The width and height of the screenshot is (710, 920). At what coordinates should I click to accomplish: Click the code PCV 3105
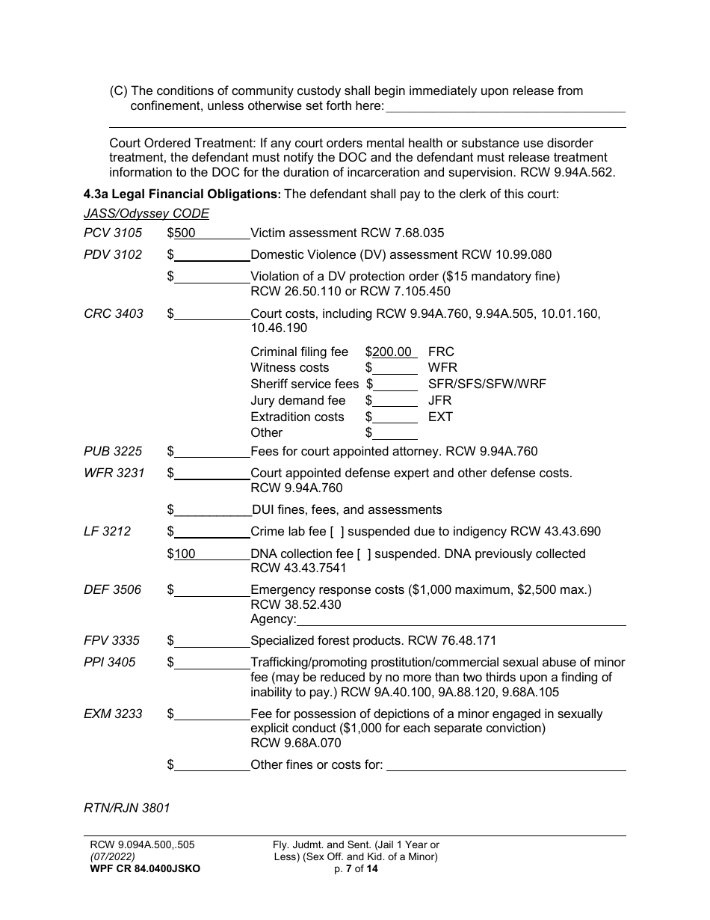113,233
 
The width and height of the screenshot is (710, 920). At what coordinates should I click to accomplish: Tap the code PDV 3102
113,254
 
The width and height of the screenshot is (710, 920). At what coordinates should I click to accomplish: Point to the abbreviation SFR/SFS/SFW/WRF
487,384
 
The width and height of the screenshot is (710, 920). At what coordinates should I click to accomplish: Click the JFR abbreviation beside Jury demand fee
439,401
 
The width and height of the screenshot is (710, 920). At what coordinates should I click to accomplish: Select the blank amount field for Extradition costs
395,417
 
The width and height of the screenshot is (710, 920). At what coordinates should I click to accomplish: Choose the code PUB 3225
114,452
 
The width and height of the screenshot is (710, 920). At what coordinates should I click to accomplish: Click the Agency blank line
460,619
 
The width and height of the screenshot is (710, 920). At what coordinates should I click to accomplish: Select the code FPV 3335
112,641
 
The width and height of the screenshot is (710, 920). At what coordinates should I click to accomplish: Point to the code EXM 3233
113,714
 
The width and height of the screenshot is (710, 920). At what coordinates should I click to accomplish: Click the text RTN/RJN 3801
127,808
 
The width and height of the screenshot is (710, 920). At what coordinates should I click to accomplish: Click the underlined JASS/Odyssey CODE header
146,214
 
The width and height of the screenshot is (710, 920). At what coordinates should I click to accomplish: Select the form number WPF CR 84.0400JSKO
144,869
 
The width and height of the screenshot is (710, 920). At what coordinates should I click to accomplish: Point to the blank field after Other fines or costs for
506,765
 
